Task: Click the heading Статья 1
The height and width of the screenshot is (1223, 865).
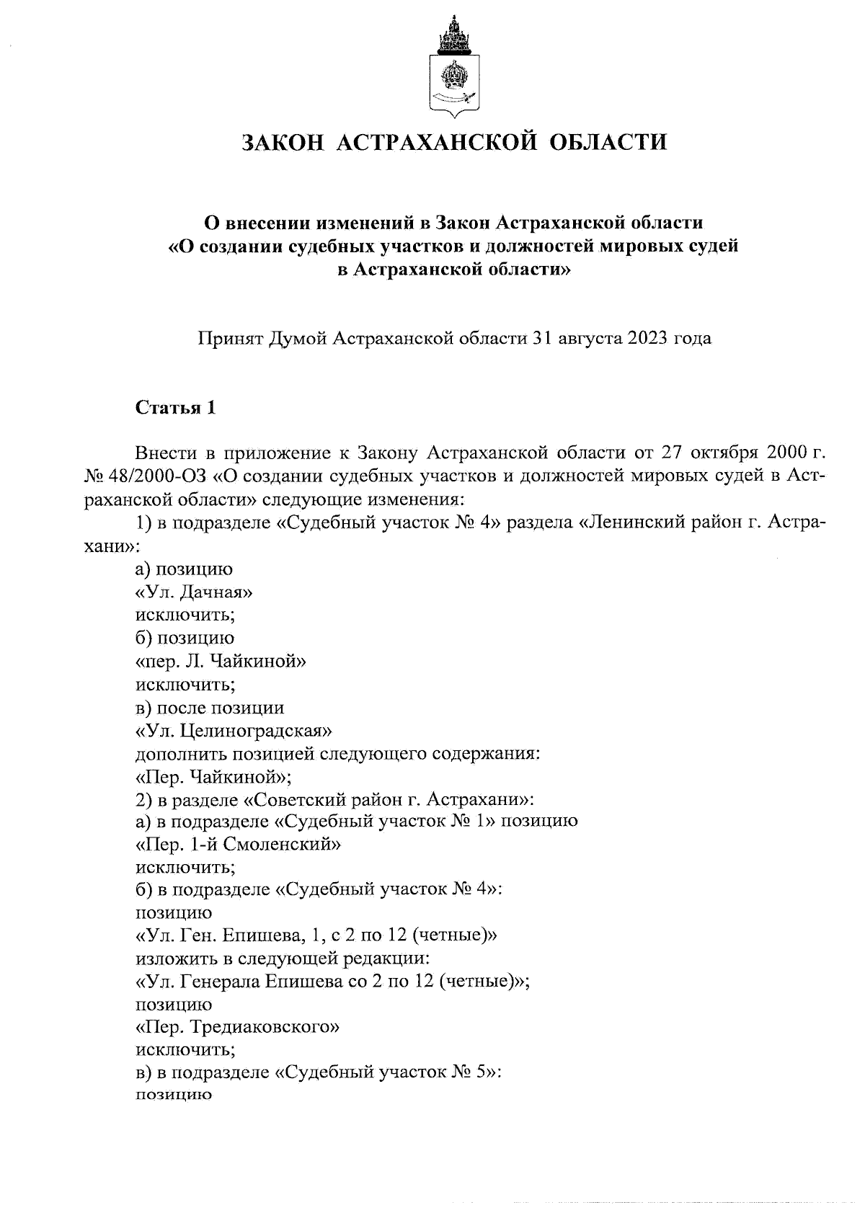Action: [176, 408]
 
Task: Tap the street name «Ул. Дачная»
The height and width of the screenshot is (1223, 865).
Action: [194, 592]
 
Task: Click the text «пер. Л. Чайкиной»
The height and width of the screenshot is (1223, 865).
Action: [221, 661]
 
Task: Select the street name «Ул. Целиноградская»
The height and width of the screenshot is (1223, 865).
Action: [234, 731]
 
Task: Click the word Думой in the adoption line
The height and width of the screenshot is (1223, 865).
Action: [298, 338]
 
